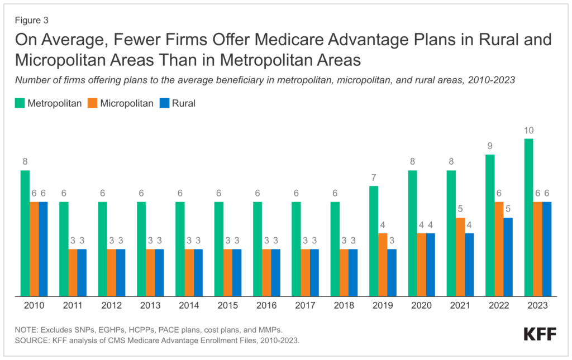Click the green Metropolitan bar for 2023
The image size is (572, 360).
528,217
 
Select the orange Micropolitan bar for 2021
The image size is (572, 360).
460,256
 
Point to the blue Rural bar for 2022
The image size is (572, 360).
508,256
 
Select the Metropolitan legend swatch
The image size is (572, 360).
20,103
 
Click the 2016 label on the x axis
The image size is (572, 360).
266,306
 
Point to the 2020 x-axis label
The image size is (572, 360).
421,306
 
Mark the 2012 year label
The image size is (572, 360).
112,306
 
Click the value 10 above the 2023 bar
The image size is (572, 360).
528,131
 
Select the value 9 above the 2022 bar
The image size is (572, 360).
490,146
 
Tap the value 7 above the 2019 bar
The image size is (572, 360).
374,177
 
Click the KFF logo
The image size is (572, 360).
540,334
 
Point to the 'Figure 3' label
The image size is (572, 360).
31,21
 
